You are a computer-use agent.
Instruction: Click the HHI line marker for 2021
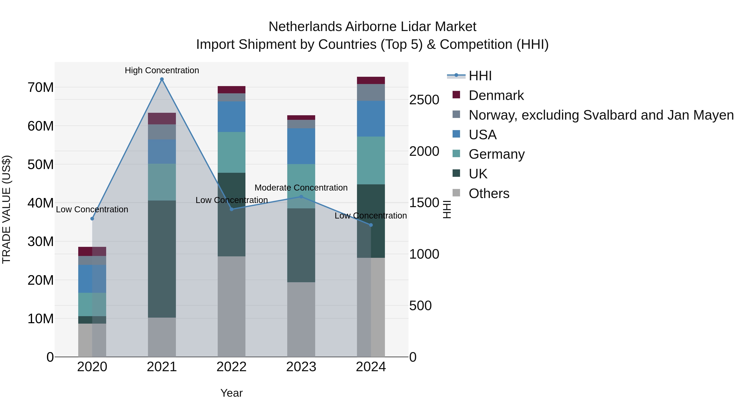162,79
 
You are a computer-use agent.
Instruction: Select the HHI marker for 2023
301,197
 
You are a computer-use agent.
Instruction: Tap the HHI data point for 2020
92,219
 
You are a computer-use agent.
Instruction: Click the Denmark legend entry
496,95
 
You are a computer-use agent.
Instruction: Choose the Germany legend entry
496,154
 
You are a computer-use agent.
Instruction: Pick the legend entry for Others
489,193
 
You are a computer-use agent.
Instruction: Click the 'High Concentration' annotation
162,70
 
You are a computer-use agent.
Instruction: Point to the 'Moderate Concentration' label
301,188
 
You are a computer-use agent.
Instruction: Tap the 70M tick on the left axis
41,87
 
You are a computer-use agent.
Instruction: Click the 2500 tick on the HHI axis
424,100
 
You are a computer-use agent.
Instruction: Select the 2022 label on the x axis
231,367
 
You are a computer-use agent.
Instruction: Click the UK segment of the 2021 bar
162,259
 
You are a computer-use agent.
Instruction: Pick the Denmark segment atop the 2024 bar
371,80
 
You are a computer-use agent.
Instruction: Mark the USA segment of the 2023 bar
301,146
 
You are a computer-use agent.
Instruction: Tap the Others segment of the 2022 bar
231,306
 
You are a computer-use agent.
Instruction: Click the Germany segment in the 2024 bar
371,161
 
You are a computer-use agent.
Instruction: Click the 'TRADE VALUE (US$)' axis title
6,209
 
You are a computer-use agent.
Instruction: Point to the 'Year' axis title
231,393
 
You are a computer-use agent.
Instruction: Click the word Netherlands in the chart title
305,27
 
